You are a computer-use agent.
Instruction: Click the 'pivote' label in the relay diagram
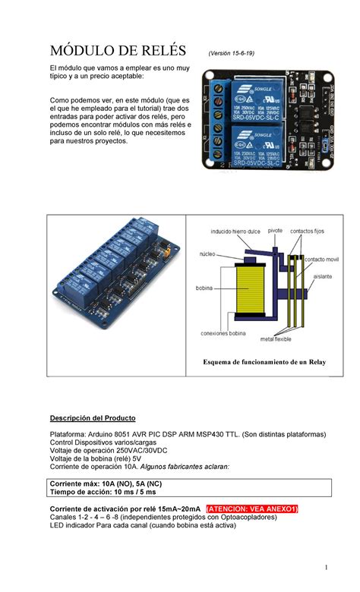[276, 229]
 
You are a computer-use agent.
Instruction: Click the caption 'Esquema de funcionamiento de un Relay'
[264, 363]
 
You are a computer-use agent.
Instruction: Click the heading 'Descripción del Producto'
[93, 418]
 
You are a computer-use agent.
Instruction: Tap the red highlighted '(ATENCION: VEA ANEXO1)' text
[253, 508]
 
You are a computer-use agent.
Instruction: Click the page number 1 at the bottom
[325, 568]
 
